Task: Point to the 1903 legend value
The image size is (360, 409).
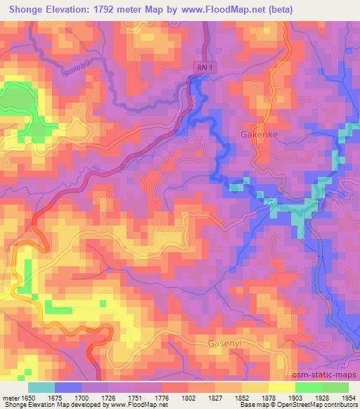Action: click(x=294, y=398)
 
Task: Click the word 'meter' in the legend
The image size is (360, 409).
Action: click(x=11, y=398)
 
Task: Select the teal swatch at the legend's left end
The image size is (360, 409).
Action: click(x=41, y=387)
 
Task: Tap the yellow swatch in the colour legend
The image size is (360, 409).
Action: click(x=281, y=387)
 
